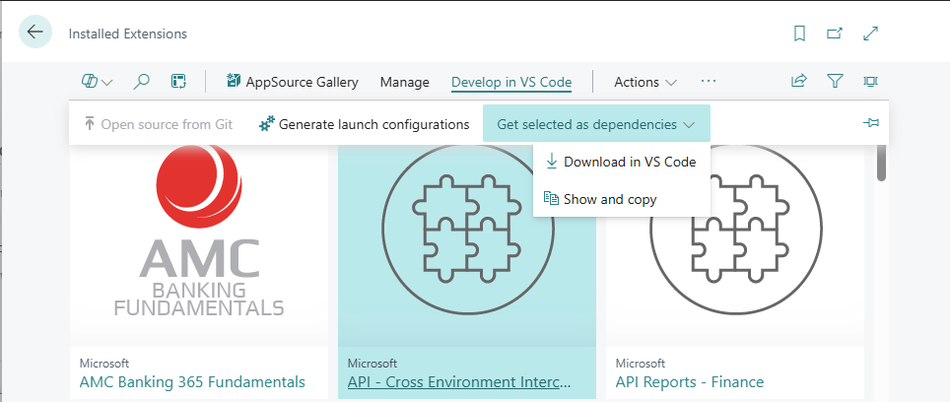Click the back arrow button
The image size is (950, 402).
36,33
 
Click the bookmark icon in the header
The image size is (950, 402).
799,33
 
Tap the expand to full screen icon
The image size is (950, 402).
870,33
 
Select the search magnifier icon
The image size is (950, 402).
141,82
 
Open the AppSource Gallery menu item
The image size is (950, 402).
292,82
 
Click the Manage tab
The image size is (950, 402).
404,82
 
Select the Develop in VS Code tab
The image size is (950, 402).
510,82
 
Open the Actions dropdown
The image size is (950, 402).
645,82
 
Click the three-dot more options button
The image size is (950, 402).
709,82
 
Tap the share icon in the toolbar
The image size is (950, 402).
799,82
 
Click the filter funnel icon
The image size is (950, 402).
835,82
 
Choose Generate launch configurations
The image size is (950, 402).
364,124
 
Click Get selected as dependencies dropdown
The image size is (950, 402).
596,124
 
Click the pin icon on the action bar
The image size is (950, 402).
870,123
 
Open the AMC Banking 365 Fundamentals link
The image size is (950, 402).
191,382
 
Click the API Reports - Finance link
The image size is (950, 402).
689,382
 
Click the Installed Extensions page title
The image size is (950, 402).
127,33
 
